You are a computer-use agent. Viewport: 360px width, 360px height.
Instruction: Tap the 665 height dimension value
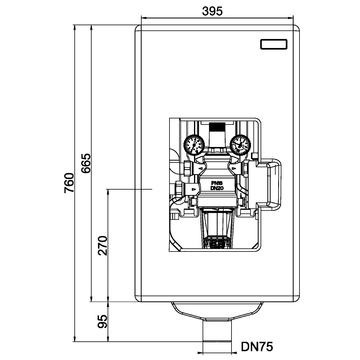pyautogui.click(x=86, y=151)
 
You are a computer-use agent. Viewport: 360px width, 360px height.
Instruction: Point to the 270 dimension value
pyautogui.click(x=102, y=246)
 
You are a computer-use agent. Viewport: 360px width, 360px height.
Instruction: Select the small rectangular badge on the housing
pyautogui.click(x=273, y=44)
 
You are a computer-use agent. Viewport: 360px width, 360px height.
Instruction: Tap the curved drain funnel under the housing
pyautogui.click(x=217, y=311)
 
